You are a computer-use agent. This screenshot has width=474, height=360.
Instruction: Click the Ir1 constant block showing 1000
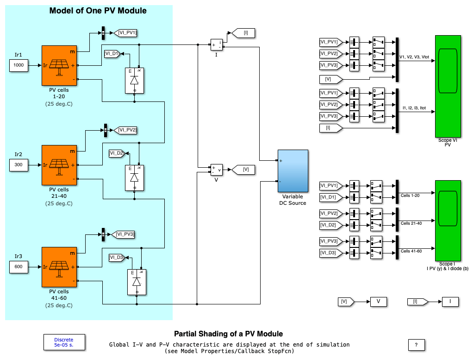(x=19, y=65)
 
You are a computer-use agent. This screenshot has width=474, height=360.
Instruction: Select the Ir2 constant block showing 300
(x=19, y=164)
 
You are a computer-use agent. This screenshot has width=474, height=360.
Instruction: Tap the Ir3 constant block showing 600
(x=19, y=266)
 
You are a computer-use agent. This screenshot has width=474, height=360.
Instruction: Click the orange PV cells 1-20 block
(x=59, y=66)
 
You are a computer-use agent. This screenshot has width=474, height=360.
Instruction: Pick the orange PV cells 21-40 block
(x=59, y=165)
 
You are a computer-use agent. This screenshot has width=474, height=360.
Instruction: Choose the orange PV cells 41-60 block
(x=59, y=267)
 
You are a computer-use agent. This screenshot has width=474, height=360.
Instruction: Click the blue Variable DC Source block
(x=293, y=171)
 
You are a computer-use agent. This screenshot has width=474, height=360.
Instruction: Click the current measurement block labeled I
(x=216, y=45)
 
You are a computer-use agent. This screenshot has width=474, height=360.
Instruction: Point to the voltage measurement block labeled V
(x=216, y=170)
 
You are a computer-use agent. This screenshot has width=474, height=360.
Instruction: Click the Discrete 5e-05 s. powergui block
(x=63, y=342)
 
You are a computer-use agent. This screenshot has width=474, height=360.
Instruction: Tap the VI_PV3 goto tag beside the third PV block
(x=124, y=234)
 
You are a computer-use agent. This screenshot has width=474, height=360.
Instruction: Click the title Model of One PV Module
(x=98, y=11)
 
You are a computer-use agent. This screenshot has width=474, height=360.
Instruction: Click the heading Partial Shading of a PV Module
(x=228, y=334)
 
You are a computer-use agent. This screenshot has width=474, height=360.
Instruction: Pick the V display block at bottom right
(x=378, y=302)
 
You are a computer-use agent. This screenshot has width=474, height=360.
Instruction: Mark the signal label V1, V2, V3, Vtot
(x=414, y=57)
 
